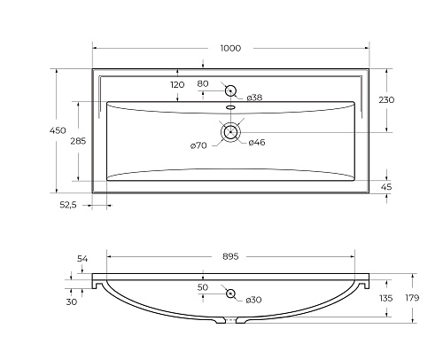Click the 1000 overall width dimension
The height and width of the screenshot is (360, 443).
pos(230,48)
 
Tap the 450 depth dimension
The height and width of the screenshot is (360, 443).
pos(58,130)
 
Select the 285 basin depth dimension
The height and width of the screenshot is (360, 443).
pos(78,141)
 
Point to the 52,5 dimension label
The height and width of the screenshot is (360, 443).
pos(68,205)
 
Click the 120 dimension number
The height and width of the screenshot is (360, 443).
pos(177,85)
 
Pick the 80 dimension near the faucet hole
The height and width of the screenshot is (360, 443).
pos(203,83)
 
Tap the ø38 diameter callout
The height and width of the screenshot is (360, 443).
pos(254,98)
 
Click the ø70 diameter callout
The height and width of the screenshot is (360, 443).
pos(198,145)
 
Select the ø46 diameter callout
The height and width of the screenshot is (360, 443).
pos(257,143)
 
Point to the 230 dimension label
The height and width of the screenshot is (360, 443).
pos(386,100)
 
